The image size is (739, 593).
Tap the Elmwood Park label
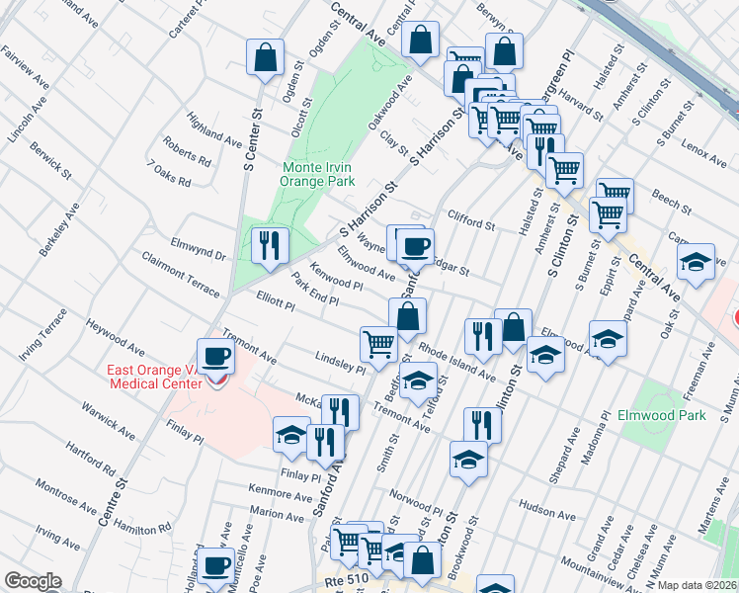pos(661,415)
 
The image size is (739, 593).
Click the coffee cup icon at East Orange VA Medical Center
pos(215,355)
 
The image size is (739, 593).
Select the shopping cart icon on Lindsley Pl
pos(378,344)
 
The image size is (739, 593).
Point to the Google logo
pos(32,581)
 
